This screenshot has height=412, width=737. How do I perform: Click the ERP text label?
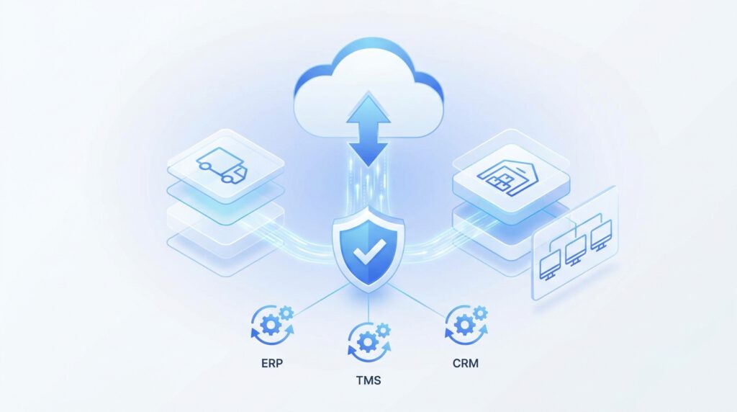(272, 363)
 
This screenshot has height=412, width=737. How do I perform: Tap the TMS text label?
(368, 380)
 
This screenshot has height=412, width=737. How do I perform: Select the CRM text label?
(466, 363)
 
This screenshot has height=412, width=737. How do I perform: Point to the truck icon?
(222, 165)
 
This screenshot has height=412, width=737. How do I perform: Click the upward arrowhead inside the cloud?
(368, 108)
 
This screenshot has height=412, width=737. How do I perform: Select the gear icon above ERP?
(273, 325)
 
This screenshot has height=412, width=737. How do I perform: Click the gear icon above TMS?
(369, 342)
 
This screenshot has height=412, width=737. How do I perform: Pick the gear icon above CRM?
(466, 325)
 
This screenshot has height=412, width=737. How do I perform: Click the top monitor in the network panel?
(601, 236)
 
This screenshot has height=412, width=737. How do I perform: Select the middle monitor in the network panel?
(575, 250)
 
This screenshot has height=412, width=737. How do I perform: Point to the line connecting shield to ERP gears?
(322, 299)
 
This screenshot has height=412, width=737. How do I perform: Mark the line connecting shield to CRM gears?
(417, 299)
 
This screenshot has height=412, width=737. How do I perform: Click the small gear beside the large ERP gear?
(286, 313)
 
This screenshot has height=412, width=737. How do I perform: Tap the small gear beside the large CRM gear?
(480, 313)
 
